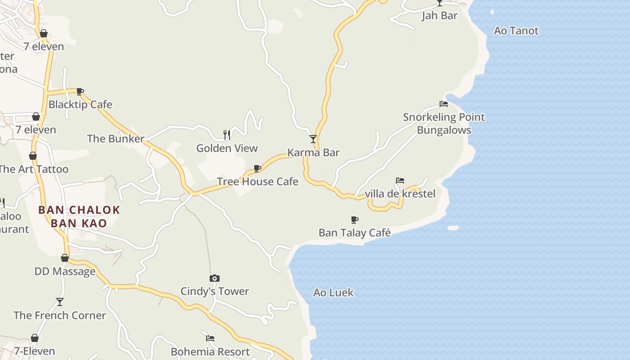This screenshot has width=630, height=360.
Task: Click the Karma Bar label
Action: coord(313,153)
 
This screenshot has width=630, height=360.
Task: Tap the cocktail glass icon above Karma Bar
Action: coord(313,139)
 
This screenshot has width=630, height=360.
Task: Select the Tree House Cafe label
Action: coord(257,181)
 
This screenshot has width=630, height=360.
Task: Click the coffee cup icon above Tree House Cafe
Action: coord(257,168)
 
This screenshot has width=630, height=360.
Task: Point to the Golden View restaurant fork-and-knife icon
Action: coord(227,135)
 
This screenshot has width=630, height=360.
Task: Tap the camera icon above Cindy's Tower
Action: coord(215,278)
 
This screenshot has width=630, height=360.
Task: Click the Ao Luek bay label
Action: coord(333,292)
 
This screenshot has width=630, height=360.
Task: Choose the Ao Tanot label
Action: coord(516,31)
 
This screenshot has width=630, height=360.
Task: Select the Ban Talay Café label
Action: coord(355,233)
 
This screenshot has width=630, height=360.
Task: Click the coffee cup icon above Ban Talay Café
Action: coord(355,220)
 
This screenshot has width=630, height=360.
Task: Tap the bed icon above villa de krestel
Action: coord(400,180)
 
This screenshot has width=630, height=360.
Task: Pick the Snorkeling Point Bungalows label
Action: coord(444,124)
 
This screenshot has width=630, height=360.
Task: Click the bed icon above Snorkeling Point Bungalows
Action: coord(444,104)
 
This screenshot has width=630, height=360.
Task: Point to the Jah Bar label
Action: coord(439,16)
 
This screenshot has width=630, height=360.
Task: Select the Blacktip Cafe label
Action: coord(80,104)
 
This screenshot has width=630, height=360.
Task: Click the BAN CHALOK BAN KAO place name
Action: coord(79,216)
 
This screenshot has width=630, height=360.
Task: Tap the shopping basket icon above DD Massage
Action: coord(65,258)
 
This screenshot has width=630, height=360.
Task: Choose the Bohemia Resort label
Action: coord(210,351)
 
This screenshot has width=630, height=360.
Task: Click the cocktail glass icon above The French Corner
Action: coord(60,301)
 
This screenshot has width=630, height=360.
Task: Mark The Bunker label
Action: coord(116,139)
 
